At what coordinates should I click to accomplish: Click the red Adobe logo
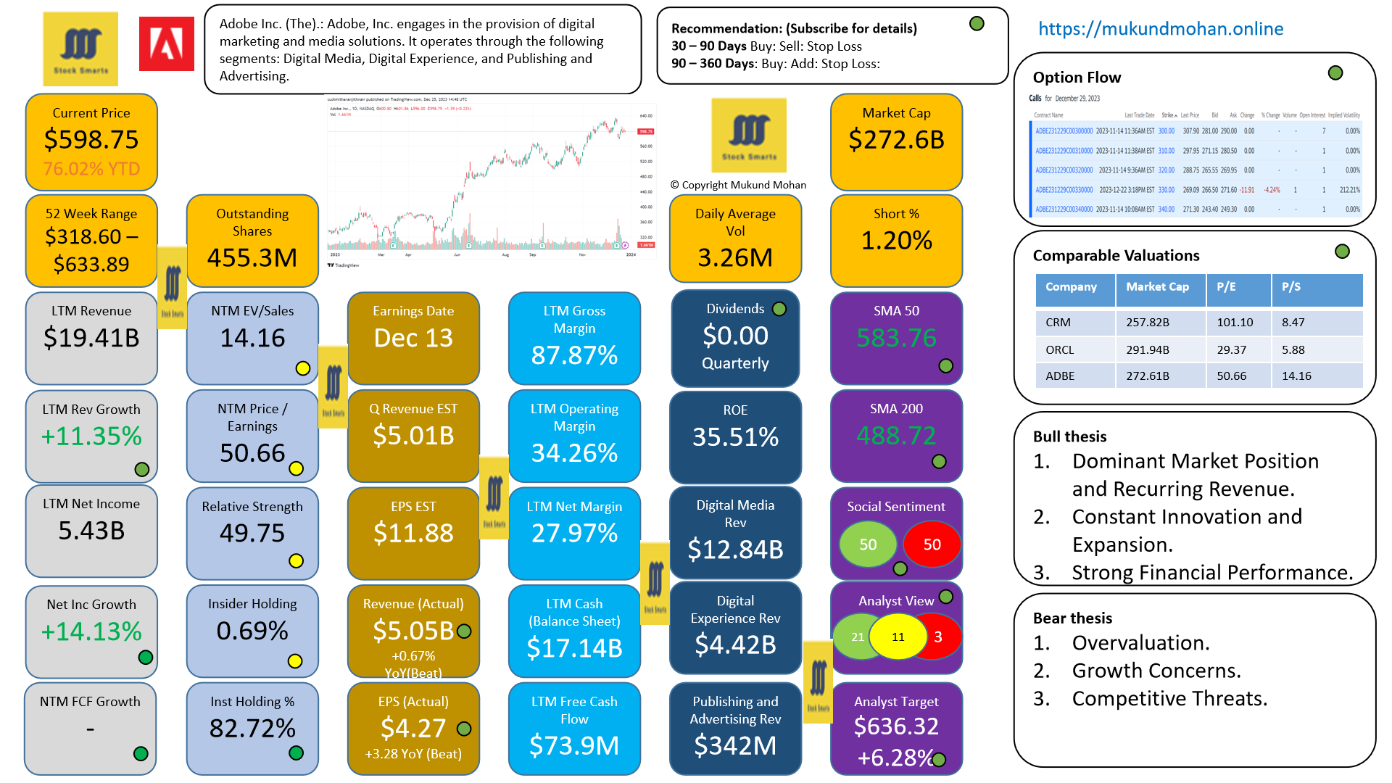(166, 44)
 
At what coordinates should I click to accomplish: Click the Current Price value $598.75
(91, 139)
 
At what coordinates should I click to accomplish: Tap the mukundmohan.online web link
(1160, 29)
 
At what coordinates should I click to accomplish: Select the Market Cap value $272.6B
(896, 139)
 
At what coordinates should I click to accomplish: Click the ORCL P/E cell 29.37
(1231, 349)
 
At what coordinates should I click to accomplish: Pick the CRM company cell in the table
(1058, 322)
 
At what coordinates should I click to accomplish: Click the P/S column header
(1290, 287)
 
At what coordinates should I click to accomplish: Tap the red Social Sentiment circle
(932, 544)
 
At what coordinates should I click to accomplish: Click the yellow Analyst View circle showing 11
(898, 637)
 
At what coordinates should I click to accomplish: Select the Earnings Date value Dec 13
(413, 338)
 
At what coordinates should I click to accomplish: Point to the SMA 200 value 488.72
(896, 435)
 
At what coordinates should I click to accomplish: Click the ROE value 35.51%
(735, 436)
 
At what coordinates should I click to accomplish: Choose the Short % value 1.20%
(896, 240)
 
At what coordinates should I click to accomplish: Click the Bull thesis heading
(1069, 436)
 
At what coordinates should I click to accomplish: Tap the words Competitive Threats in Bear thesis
(1169, 698)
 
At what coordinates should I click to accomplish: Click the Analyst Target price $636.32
(896, 726)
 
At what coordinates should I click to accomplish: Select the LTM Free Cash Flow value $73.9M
(574, 745)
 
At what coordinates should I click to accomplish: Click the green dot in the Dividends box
(779, 309)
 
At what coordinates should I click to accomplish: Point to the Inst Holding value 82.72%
(252, 728)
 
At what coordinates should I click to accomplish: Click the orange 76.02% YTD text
(91, 169)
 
